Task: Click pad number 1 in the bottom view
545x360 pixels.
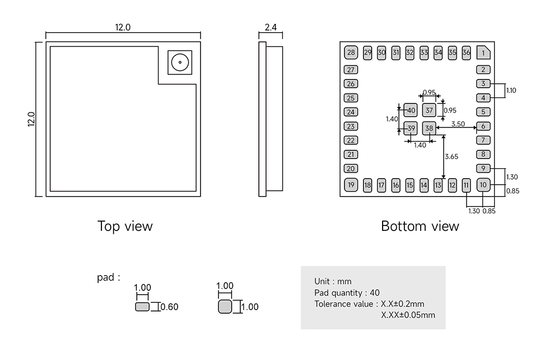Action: click(x=483, y=53)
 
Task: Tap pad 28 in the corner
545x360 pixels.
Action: click(x=351, y=53)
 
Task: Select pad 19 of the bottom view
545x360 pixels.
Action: click(x=351, y=185)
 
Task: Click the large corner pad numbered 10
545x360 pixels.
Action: click(x=483, y=185)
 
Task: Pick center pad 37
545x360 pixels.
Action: click(x=429, y=110)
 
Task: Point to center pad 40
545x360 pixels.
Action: click(x=410, y=110)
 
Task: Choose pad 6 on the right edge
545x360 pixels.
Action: click(x=483, y=126)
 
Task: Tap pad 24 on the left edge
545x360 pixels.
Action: click(x=351, y=112)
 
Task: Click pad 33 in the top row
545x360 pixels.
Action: click(x=424, y=53)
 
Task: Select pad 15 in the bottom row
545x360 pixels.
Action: click(x=410, y=185)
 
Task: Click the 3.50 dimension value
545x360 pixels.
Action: click(x=458, y=124)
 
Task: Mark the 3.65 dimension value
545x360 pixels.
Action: click(x=451, y=156)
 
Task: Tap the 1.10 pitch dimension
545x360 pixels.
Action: click(x=511, y=90)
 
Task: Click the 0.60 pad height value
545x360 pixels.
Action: click(x=170, y=307)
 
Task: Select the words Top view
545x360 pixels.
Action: click(x=125, y=226)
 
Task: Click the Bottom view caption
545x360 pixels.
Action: click(x=420, y=226)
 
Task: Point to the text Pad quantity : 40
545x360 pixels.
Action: click(x=347, y=292)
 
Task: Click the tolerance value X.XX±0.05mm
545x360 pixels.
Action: click(x=408, y=315)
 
